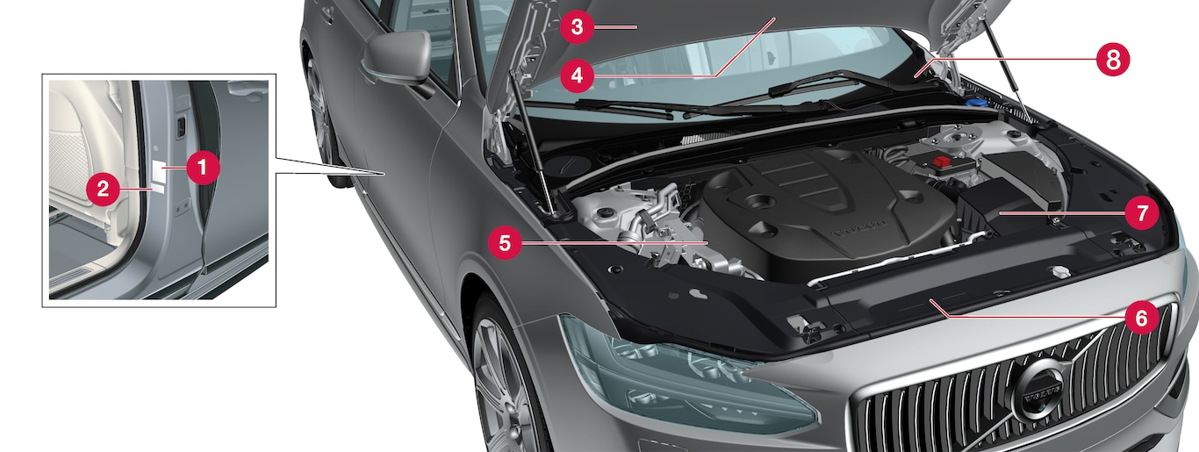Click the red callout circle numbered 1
(203, 168)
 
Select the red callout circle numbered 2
(104, 189)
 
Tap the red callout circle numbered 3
(577, 26)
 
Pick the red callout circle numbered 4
(577, 75)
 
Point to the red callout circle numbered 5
(505, 243)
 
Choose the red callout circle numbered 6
(1142, 318)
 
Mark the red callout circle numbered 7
(1142, 213)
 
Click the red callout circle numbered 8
(1113, 60)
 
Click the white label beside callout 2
(159, 189)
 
